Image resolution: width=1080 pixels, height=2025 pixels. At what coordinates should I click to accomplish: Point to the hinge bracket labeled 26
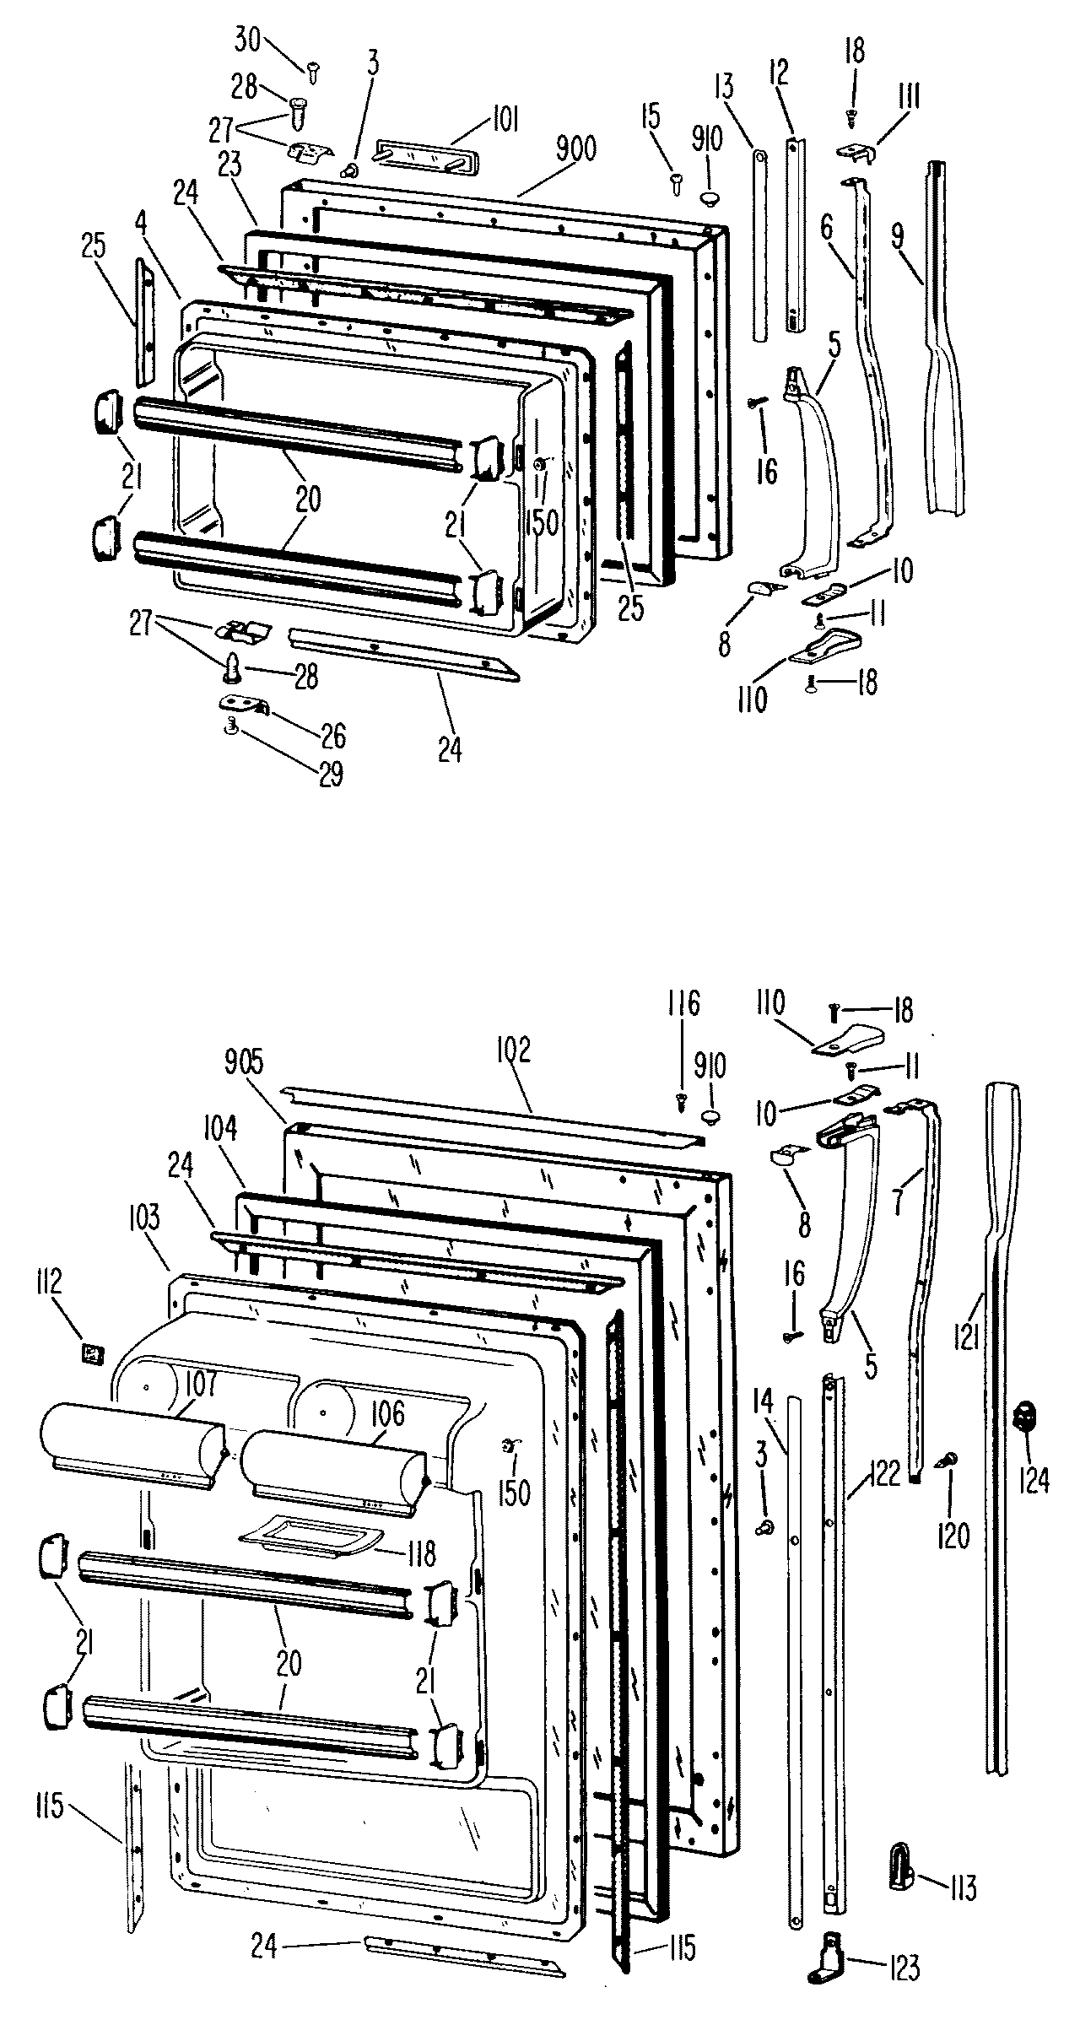(244, 704)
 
